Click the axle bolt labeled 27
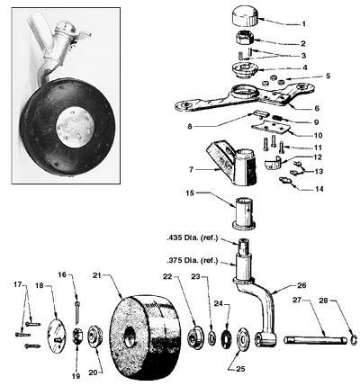[310, 340]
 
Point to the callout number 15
[189, 192]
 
